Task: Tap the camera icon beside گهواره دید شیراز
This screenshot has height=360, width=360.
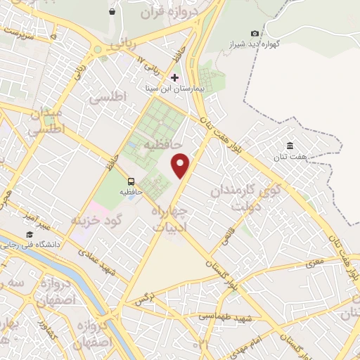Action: tap(255, 33)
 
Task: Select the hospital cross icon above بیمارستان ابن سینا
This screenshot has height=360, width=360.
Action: tap(175, 77)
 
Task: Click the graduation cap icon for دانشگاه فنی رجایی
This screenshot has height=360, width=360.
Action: tap(30, 234)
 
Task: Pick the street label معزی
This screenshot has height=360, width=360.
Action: tap(314, 263)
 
